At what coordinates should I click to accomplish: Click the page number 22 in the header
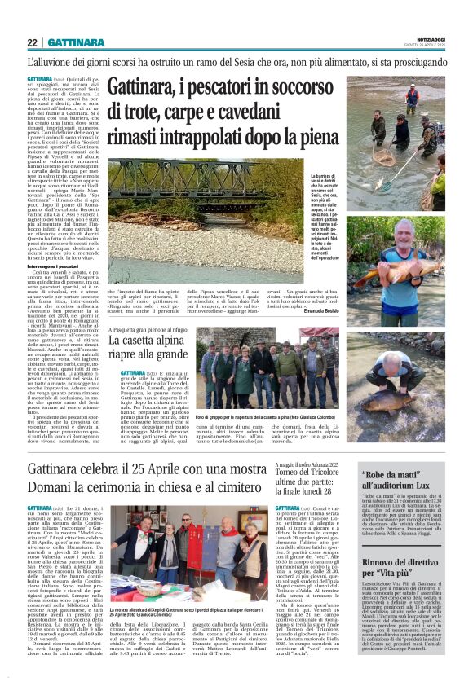pos(32,42)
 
